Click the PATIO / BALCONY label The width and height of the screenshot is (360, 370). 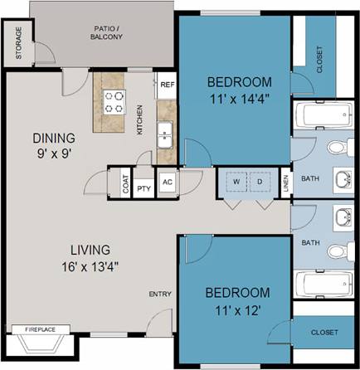click(x=108, y=32)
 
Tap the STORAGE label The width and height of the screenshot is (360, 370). click(x=19, y=45)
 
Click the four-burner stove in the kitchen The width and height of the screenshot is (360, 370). click(x=114, y=102)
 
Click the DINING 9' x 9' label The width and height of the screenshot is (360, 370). click(x=54, y=145)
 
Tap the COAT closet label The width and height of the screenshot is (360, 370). click(x=125, y=185)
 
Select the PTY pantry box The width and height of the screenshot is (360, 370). click(x=144, y=185)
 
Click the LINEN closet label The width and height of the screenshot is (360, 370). click(x=285, y=184)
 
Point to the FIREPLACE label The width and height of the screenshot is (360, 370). click(x=41, y=329)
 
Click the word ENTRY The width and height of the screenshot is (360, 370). click(x=160, y=294)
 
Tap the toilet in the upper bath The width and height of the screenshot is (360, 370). click(x=336, y=148)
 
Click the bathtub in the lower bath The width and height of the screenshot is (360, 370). click(x=324, y=284)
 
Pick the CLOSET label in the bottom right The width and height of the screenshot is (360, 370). click(x=324, y=332)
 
